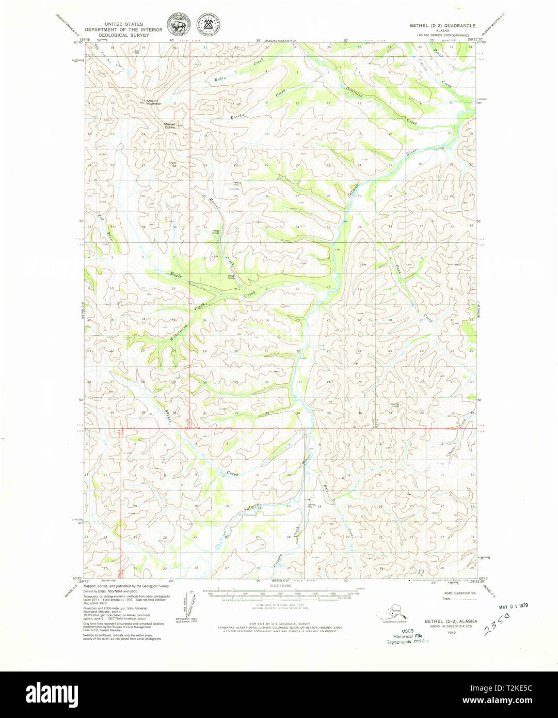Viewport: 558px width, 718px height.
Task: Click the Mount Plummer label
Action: tap(153, 102)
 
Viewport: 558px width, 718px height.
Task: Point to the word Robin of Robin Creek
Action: tap(220, 79)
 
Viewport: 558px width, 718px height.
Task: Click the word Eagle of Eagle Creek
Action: tap(177, 275)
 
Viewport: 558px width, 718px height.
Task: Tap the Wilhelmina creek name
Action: tap(179, 331)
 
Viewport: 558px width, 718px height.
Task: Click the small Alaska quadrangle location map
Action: tap(393, 614)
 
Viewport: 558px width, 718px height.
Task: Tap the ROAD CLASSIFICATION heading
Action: tap(459, 593)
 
